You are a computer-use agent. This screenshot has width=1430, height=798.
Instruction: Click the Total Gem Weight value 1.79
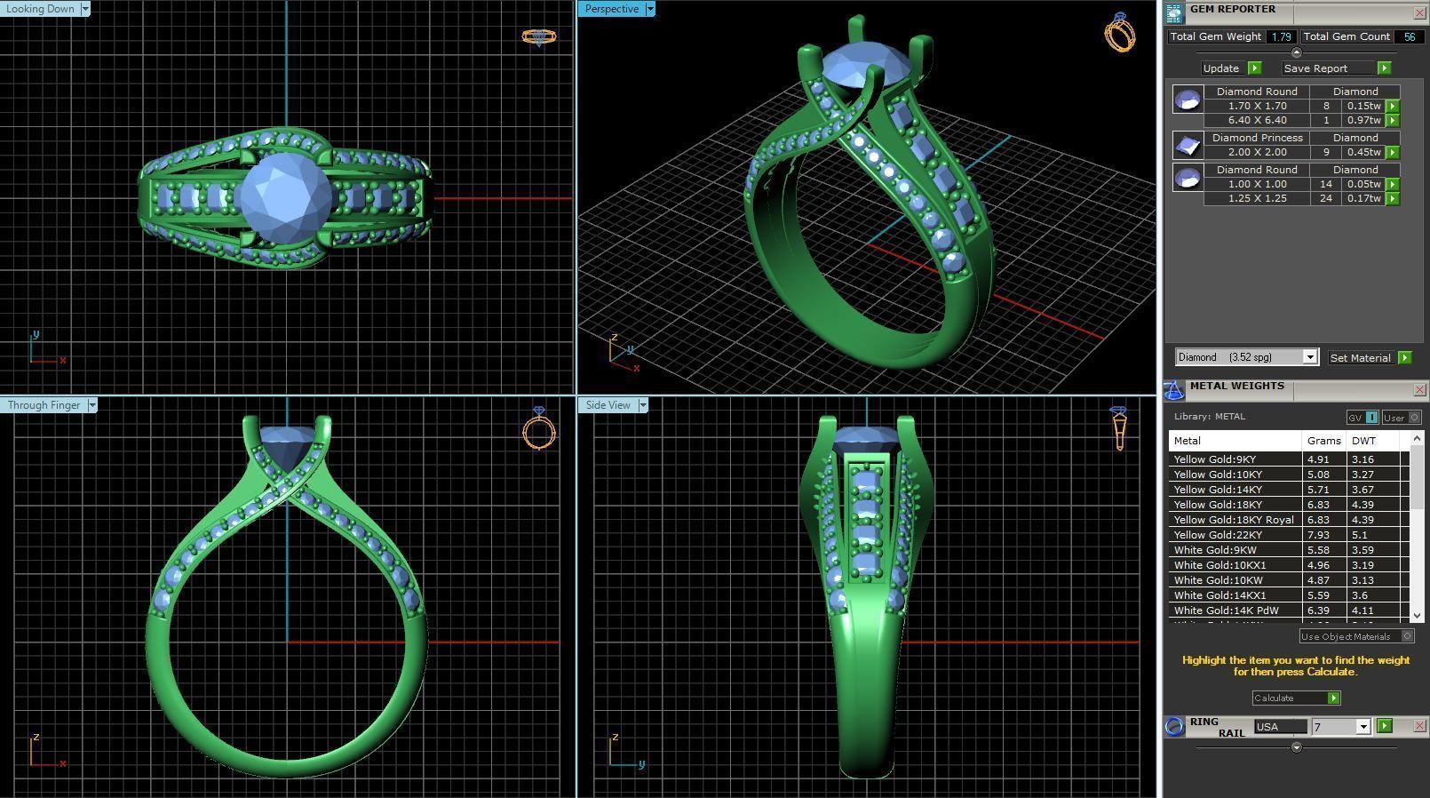[x=1280, y=36]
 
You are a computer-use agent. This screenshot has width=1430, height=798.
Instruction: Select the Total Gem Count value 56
[x=1409, y=36]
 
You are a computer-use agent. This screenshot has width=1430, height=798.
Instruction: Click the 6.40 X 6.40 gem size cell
[x=1257, y=120]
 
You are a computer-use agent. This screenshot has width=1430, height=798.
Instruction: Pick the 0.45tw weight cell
[x=1363, y=152]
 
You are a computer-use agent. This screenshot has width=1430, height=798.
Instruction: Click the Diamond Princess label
[x=1257, y=138]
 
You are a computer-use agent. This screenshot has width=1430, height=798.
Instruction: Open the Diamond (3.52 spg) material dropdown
[x=1309, y=357]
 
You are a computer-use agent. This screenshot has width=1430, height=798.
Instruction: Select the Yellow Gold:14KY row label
[x=1218, y=490]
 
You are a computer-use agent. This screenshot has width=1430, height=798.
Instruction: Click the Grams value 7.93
[x=1319, y=535]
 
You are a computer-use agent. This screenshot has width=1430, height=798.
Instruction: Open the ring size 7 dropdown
[x=1362, y=727]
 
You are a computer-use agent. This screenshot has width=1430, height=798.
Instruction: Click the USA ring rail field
[x=1279, y=727]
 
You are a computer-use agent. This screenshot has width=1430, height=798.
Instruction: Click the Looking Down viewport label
[x=42, y=9]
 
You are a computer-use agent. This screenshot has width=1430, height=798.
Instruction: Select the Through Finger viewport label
[x=44, y=405]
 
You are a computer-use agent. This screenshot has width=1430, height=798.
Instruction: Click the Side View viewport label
[x=608, y=405]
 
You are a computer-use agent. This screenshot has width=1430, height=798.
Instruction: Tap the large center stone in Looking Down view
[x=284, y=194]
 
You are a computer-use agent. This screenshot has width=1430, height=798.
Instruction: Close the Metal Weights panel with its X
[x=1419, y=390]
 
